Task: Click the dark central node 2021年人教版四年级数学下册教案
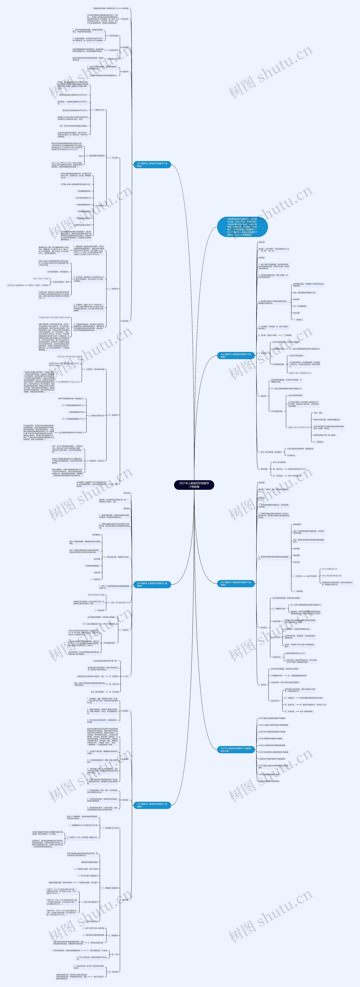point(194,485)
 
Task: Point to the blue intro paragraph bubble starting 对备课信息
point(242,227)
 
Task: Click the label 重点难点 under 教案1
point(125,72)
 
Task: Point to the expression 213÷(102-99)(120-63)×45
point(332,575)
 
